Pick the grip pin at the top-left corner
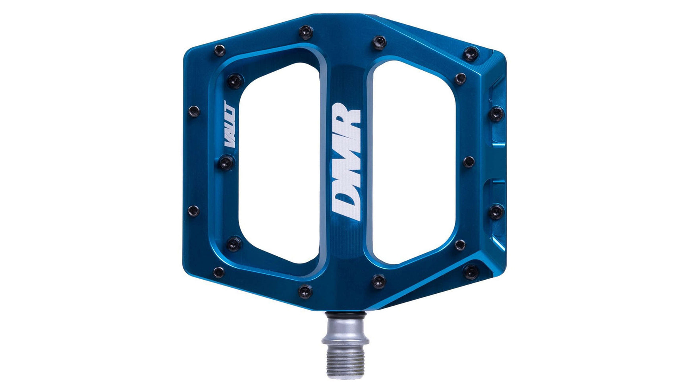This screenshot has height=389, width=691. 220,50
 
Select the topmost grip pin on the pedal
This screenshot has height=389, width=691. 306,30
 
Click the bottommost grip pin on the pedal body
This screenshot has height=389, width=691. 305,291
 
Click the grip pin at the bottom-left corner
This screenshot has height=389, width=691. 218,272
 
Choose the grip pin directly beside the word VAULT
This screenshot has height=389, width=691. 226,162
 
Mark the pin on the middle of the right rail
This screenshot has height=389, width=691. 469,162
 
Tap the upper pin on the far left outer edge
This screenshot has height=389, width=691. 194,111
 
